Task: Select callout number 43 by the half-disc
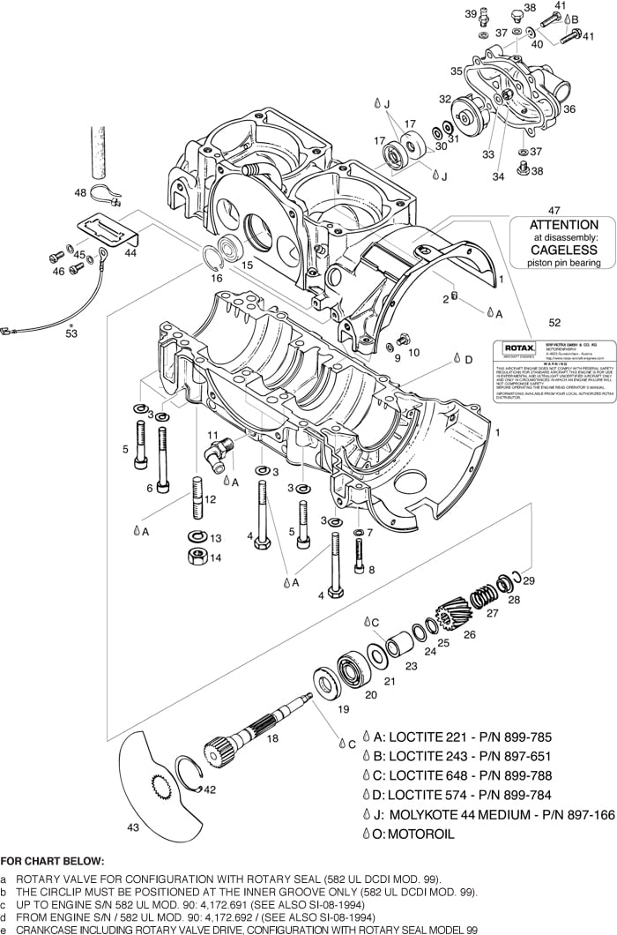[x=132, y=827]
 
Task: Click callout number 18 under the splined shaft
[x=272, y=737]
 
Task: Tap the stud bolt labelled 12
[x=194, y=499]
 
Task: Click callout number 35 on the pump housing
[x=456, y=71]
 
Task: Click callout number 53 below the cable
[x=71, y=333]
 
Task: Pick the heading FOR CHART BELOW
[x=52, y=861]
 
